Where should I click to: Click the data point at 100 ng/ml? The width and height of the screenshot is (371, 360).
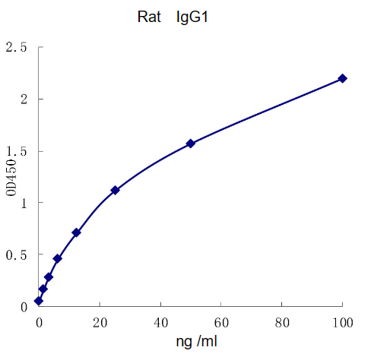[x=342, y=78]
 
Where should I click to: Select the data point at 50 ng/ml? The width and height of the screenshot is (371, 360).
[x=191, y=143]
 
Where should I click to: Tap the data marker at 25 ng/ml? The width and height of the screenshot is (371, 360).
[x=115, y=190]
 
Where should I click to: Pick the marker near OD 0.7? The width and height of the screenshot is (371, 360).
[x=76, y=232]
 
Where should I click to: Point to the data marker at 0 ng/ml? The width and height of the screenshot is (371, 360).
[x=39, y=301]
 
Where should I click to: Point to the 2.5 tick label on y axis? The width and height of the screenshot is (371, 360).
[x=17, y=48]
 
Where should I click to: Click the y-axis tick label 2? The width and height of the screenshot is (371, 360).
[x=24, y=99]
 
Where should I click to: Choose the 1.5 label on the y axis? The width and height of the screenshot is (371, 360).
[x=17, y=151]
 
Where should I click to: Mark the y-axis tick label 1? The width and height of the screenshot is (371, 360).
[x=24, y=203]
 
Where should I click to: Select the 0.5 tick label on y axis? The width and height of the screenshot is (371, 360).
[x=17, y=254]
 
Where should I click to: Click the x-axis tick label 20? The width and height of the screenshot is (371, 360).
[x=100, y=322]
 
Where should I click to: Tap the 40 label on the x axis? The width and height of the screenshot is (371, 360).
[x=160, y=322]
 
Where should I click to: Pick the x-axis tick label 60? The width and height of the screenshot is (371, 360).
[x=221, y=322]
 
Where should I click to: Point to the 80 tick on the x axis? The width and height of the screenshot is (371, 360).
[x=282, y=322]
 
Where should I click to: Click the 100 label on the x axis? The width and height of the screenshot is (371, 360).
[x=342, y=322]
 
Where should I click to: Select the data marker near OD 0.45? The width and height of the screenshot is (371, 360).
[x=57, y=259]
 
